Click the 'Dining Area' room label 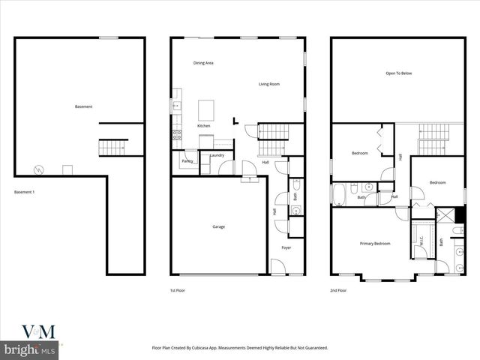click(x=203, y=63)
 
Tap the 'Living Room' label click(x=269, y=84)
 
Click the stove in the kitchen click(x=178, y=136)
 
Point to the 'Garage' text click(x=218, y=226)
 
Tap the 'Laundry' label click(x=217, y=155)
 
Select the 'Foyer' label click(x=286, y=247)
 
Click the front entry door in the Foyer click(x=277, y=266)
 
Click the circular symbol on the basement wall click(x=39, y=169)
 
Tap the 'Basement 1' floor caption click(x=25, y=193)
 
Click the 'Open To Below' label click(x=398, y=73)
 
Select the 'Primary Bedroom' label click(x=374, y=244)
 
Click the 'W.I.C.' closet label click(x=421, y=241)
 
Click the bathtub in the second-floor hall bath click(x=338, y=195)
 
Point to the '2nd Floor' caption click(x=338, y=289)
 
